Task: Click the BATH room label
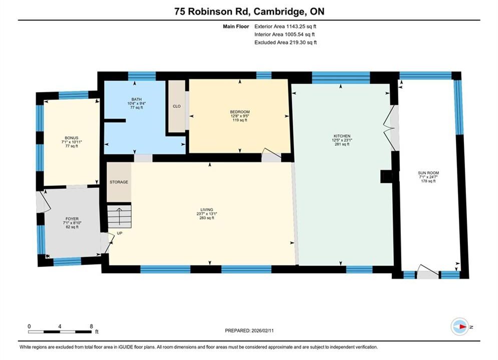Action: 137,99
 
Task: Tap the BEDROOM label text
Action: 240,111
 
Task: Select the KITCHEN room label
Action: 342,136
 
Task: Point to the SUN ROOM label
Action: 428,173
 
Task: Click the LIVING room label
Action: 206,209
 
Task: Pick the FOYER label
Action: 72,219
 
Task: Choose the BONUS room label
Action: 72,138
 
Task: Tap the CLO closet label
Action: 177,106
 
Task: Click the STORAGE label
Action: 119,182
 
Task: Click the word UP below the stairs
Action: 120,233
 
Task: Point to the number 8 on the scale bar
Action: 92,326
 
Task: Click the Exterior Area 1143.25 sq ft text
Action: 285,26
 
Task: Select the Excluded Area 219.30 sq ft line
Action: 285,42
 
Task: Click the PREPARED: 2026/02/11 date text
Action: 249,330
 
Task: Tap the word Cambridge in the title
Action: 278,11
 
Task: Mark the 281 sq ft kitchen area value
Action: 342,144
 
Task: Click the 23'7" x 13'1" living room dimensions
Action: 206,214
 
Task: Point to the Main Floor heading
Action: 236,26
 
